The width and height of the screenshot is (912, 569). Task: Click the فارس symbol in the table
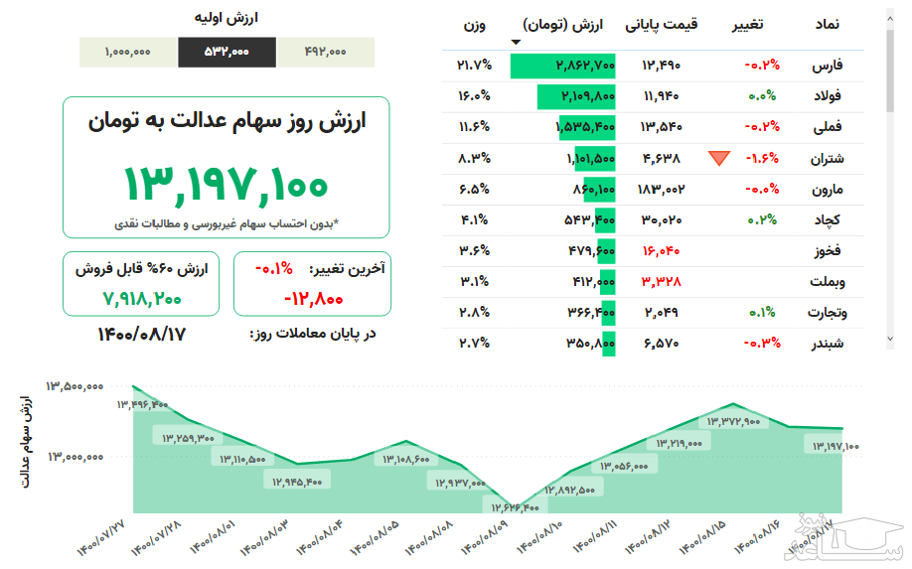click(x=828, y=66)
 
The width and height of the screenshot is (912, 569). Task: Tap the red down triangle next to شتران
click(x=719, y=157)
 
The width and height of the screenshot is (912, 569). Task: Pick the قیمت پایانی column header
click(x=661, y=24)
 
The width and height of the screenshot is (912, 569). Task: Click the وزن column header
click(x=475, y=24)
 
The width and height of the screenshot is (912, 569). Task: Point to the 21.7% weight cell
click(x=474, y=66)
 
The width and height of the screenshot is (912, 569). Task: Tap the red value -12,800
click(x=313, y=297)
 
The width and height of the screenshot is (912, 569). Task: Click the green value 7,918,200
click(x=141, y=297)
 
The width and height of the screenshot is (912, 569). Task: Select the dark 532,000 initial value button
click(x=227, y=53)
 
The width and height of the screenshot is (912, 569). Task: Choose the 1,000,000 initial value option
click(x=127, y=53)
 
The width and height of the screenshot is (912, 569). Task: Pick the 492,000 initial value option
click(x=325, y=53)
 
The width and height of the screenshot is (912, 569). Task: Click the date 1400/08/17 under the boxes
click(x=141, y=334)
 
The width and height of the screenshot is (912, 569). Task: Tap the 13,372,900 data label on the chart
click(x=732, y=421)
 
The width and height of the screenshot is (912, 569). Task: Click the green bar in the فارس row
click(x=562, y=66)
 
